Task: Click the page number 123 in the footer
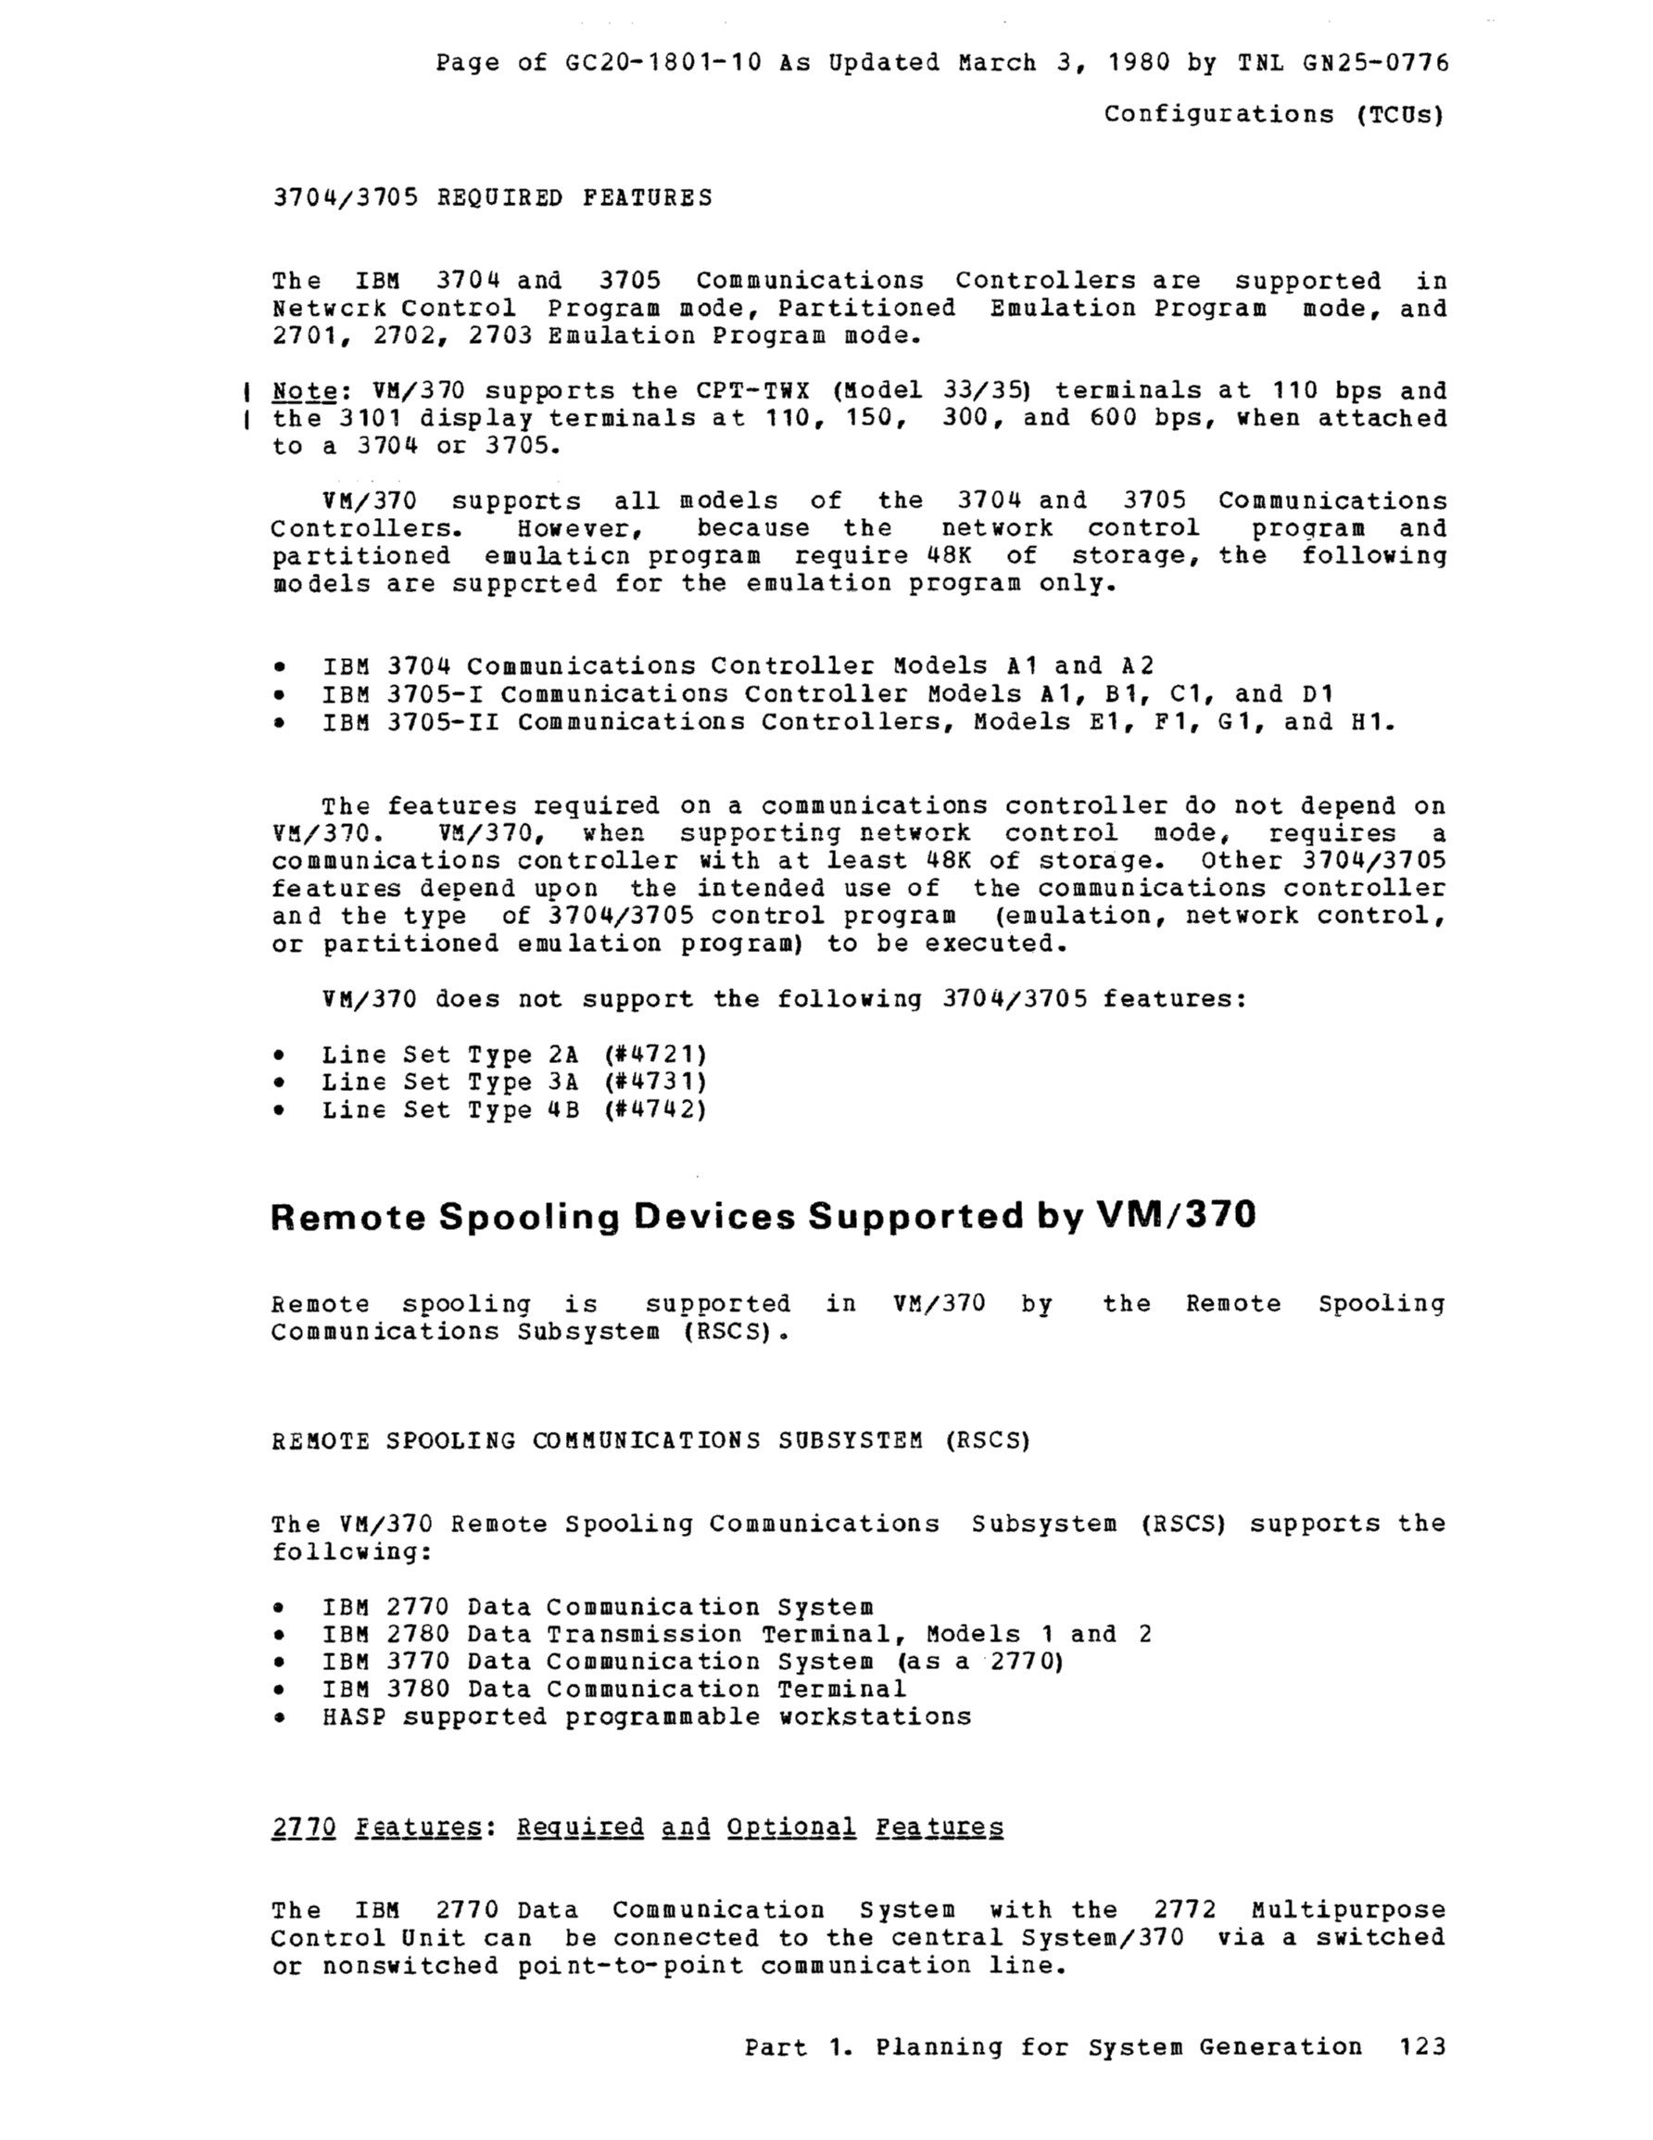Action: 1422,2047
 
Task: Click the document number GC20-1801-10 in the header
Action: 664,63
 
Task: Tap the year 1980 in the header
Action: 1138,63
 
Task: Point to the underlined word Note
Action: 304,391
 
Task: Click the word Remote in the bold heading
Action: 347,1216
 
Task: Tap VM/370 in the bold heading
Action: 1175,1215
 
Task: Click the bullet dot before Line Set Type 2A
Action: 280,1056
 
